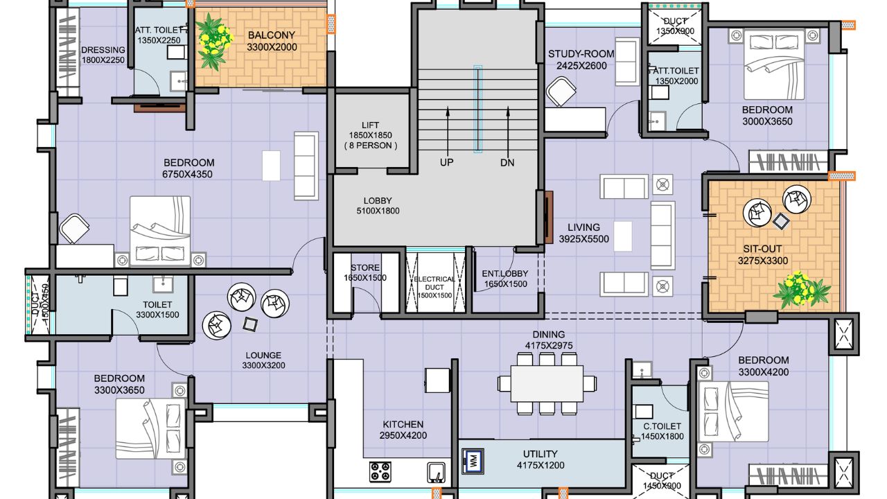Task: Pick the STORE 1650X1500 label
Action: [365, 273]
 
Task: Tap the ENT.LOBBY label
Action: [504, 279]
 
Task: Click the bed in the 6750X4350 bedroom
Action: [161, 230]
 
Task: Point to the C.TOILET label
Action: [662, 431]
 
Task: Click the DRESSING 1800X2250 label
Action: [103, 55]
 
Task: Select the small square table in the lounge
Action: [249, 322]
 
